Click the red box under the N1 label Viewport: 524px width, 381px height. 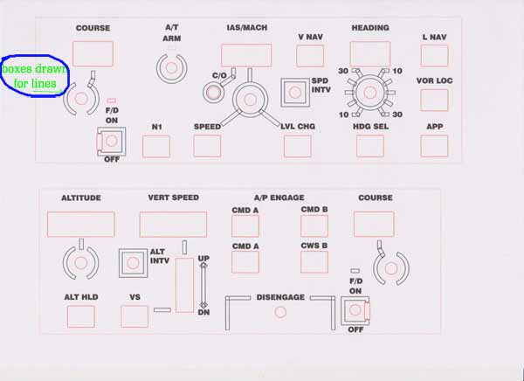pyautogui.click(x=156, y=146)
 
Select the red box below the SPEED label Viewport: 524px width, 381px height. pyautogui.click(x=207, y=146)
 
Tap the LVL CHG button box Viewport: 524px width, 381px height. pyautogui.click(x=298, y=146)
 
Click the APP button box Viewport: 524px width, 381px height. pyautogui.click(x=434, y=146)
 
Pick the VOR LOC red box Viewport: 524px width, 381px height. pyautogui.click(x=434, y=100)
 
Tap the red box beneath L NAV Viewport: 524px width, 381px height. pyautogui.click(x=434, y=56)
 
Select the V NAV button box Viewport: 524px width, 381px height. pyautogui.click(x=310, y=56)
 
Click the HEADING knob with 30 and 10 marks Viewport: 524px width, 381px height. pyautogui.click(x=368, y=91)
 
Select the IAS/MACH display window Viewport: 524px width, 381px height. pyautogui.click(x=246, y=56)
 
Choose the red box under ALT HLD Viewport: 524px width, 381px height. pyautogui.click(x=80, y=315)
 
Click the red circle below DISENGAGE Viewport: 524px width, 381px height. pyautogui.click(x=280, y=312)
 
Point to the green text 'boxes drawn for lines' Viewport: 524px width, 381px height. pyautogui.click(x=35, y=76)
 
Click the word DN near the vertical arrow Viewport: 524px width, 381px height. pyautogui.click(x=203, y=312)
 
